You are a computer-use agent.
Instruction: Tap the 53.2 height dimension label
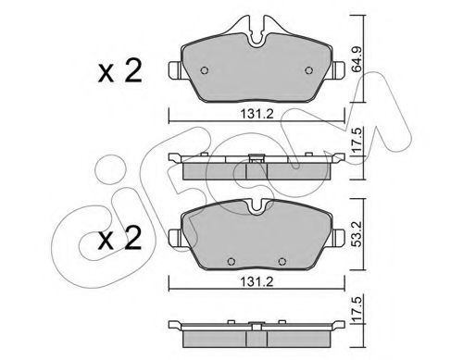(x=357, y=234)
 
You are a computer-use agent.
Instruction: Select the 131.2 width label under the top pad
(x=257, y=114)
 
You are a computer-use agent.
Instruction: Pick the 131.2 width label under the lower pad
(x=257, y=281)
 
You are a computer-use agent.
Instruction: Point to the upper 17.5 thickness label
(x=357, y=141)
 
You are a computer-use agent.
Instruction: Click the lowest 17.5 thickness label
(x=357, y=308)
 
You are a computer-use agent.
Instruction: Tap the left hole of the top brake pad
(x=205, y=70)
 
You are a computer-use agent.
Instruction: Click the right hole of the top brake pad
(x=308, y=70)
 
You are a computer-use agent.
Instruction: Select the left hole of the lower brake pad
(x=231, y=262)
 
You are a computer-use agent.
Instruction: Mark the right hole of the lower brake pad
(x=282, y=262)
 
